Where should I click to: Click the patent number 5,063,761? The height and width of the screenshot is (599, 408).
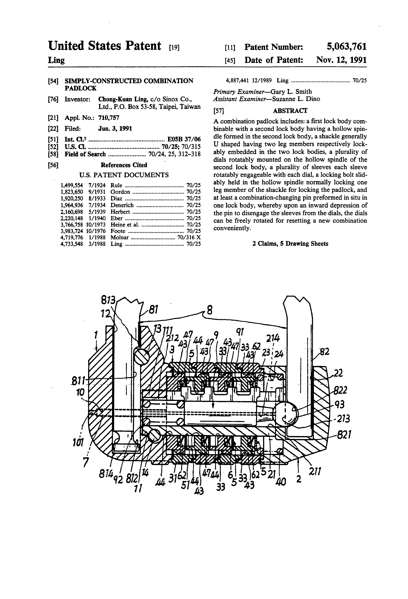coord(346,47)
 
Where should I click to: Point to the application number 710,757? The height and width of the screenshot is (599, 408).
coord(109,118)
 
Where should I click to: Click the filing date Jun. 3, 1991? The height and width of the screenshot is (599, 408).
coord(115,129)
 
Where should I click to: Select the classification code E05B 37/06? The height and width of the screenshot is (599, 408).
coord(184,139)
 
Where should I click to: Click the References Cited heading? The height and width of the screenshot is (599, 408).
coord(124,165)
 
